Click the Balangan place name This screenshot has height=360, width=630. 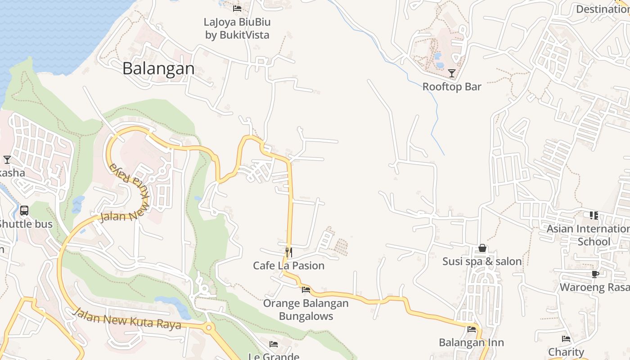158,69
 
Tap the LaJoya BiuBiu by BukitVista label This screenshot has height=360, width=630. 237,28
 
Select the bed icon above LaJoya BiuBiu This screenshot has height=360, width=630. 237,8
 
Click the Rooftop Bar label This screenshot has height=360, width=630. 452,87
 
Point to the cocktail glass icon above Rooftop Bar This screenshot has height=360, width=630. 452,73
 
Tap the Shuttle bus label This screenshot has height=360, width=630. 26,224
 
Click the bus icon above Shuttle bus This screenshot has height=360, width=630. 24,210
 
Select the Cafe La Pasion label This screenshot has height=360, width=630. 288,265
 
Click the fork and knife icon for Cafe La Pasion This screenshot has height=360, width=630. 288,252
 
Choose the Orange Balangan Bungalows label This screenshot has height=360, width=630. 306,310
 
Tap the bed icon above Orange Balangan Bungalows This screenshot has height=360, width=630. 306,289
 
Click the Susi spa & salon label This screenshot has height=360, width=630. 482,261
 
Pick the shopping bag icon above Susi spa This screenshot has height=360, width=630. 482,248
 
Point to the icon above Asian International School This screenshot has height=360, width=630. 594,216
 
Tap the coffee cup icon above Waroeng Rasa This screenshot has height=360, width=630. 595,274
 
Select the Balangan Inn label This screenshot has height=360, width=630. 471,342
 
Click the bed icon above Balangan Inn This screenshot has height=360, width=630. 471,329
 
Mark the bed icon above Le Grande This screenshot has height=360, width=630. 274,344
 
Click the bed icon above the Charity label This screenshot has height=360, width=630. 566,339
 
